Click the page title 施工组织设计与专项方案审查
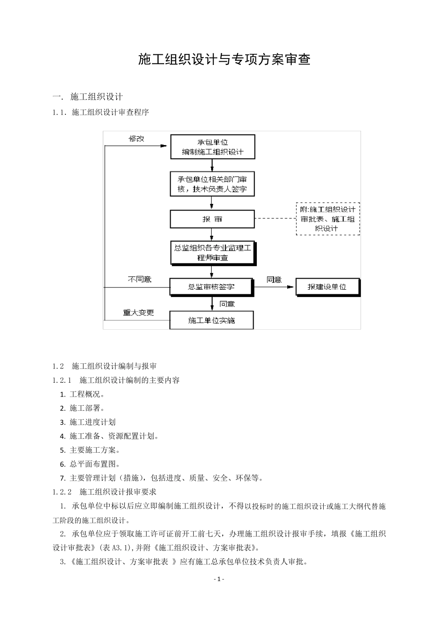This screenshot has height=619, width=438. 224,59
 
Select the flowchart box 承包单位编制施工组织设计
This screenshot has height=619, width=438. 213,147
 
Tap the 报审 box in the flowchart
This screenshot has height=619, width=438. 212,219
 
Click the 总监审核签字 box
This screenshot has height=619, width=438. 212,286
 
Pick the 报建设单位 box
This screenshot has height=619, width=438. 327,287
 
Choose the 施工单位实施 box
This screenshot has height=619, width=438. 212,320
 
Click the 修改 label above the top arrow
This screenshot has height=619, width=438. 136,139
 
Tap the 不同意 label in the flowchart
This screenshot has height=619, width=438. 139,280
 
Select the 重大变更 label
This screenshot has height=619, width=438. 138,313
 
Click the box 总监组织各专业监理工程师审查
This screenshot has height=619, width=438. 213,253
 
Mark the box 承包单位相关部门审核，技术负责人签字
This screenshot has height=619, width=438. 212,184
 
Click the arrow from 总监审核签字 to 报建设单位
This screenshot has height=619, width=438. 274,287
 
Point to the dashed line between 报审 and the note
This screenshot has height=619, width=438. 275,219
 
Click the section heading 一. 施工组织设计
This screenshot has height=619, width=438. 88,97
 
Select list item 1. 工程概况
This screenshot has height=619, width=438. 83,394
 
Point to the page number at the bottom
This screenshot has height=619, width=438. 219,579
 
